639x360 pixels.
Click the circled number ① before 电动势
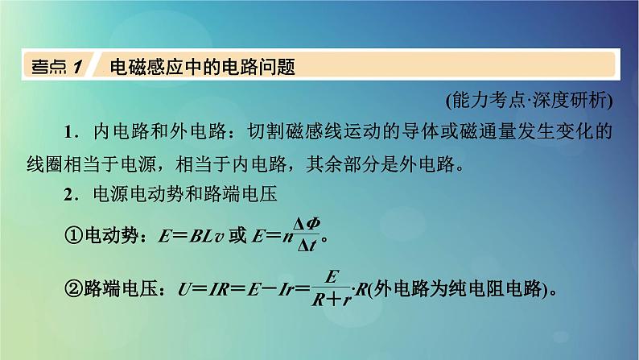tap(72, 238)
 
